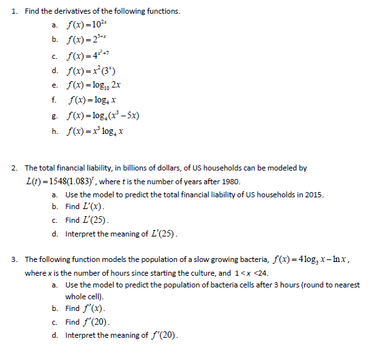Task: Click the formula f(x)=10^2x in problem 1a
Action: (90, 25)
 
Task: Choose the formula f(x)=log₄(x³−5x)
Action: (104, 116)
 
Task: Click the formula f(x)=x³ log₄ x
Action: (96, 131)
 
